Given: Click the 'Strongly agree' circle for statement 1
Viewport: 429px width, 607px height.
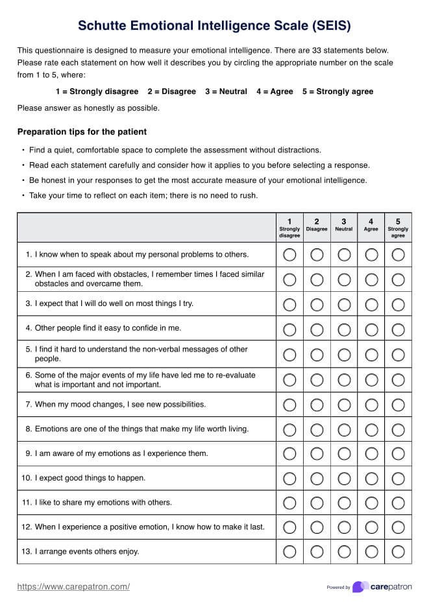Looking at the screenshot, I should pyautogui.click(x=398, y=255).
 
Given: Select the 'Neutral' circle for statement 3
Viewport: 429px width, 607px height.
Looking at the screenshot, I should pyautogui.click(x=344, y=304).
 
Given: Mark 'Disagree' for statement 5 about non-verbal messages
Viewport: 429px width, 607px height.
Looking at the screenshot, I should pyautogui.click(x=317, y=354).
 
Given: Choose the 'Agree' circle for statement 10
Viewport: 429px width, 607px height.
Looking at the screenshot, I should pyautogui.click(x=371, y=479).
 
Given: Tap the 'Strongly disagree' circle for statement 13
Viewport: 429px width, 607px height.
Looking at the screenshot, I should pyautogui.click(x=289, y=552).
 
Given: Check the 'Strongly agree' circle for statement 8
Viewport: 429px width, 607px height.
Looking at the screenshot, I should pyautogui.click(x=398, y=429).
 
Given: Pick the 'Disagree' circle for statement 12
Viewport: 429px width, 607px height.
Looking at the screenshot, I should pyautogui.click(x=317, y=527).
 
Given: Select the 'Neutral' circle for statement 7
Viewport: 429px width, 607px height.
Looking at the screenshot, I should pyautogui.click(x=344, y=405).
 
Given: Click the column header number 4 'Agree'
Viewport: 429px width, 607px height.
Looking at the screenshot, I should pyautogui.click(x=371, y=224).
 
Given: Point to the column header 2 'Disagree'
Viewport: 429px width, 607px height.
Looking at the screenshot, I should pyautogui.click(x=317, y=224).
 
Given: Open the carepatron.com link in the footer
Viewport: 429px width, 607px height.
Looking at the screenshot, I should pyautogui.click(x=73, y=587).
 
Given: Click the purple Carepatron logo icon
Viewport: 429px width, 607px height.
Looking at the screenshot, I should pyautogui.click(x=360, y=587).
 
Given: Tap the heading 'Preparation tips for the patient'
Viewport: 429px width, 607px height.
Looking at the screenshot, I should pyautogui.click(x=82, y=132).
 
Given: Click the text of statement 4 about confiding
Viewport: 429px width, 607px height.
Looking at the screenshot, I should pyautogui.click(x=108, y=328).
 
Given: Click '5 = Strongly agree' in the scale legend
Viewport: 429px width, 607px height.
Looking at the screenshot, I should pyautogui.click(x=337, y=91).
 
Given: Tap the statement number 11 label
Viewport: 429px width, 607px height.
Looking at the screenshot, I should pyautogui.click(x=26, y=503).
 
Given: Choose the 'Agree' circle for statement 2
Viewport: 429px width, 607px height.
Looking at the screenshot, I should pyautogui.click(x=371, y=280).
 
